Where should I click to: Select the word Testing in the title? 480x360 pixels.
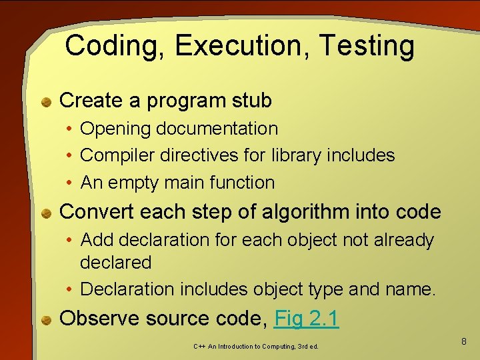(x=366, y=47)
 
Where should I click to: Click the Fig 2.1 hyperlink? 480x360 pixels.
(x=307, y=319)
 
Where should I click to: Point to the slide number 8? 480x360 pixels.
(x=464, y=341)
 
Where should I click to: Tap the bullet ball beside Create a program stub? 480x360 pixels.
(x=47, y=102)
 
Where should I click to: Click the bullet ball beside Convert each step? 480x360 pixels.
(x=47, y=213)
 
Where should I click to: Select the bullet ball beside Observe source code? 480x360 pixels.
(x=47, y=320)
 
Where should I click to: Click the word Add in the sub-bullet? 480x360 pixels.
(x=97, y=240)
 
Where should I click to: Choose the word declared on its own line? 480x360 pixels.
(x=115, y=263)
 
